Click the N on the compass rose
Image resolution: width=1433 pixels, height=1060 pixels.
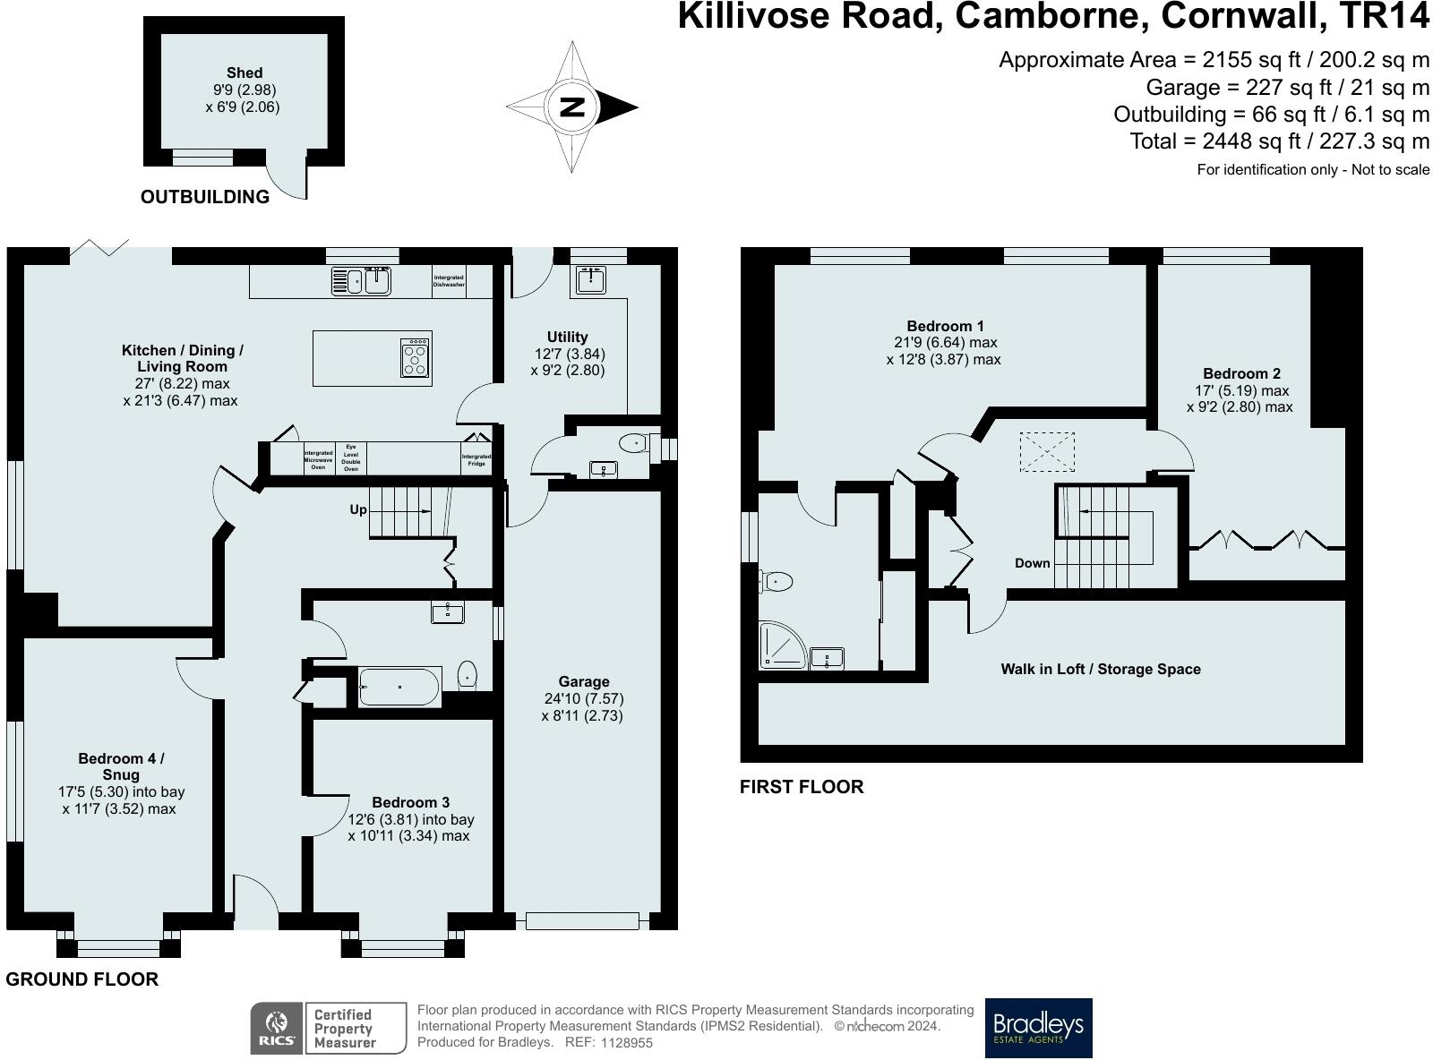571,107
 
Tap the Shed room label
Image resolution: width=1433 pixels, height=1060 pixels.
245,73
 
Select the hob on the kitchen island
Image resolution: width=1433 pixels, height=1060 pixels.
416,358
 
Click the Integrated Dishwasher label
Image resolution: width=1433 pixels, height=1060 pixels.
449,281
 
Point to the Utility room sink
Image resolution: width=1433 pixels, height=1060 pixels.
591,279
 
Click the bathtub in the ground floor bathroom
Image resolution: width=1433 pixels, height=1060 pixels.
400,687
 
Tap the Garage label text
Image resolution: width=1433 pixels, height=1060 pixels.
584,681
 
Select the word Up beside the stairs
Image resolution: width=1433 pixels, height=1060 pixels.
358,509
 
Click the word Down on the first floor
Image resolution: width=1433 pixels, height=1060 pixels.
1033,562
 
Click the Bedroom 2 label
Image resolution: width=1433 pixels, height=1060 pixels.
1241,373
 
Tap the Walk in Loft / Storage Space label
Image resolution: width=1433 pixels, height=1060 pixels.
1101,669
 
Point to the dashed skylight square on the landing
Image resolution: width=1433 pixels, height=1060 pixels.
1047,452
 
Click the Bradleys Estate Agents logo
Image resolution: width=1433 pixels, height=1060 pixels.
1038,1028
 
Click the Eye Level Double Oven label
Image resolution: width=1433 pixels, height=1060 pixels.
351,458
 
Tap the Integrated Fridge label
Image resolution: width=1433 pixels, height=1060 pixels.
476,460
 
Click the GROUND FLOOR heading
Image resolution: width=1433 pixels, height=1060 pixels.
82,979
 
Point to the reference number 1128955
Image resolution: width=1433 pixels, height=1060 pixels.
627,1043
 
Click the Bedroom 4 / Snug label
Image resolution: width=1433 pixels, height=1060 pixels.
121,766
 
